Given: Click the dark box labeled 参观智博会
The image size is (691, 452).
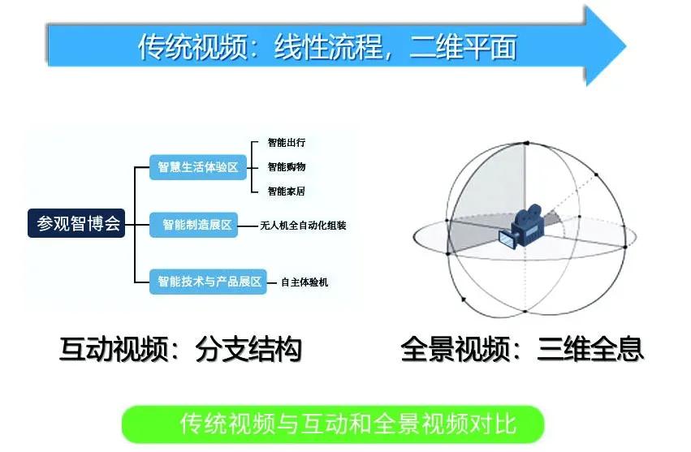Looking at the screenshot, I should pyautogui.click(x=78, y=223).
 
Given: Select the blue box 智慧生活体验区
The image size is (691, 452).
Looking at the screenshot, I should pyautogui.click(x=198, y=167).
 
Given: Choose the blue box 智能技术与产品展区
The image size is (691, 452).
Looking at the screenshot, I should pyautogui.click(x=209, y=282).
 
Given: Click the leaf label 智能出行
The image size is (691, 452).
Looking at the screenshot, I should pyautogui.click(x=287, y=143).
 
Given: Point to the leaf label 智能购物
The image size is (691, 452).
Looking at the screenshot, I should pyautogui.click(x=287, y=167).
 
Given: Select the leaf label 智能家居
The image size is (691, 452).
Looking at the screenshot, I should pyautogui.click(x=287, y=192).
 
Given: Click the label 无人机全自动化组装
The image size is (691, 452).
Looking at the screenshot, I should pyautogui.click(x=303, y=226).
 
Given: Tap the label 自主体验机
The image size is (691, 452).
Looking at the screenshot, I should pyautogui.click(x=304, y=282).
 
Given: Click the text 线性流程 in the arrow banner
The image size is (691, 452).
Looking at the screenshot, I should pyautogui.click(x=323, y=47).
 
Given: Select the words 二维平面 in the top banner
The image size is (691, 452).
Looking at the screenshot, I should pyautogui.click(x=468, y=47).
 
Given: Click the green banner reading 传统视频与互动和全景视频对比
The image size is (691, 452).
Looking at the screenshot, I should pyautogui.click(x=332, y=424).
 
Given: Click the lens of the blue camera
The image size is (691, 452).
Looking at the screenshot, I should pyautogui.click(x=507, y=239).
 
